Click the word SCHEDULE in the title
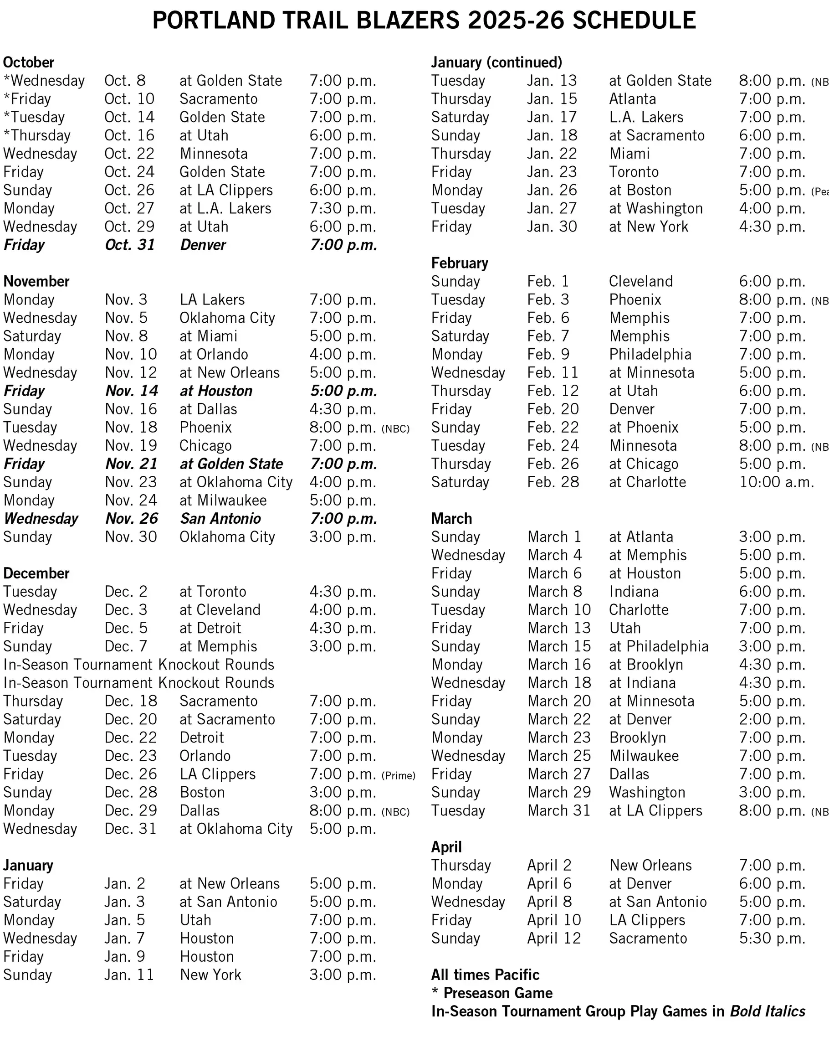[634, 21]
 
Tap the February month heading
[459, 263]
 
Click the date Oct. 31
[129, 245]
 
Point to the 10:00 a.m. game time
[776, 482]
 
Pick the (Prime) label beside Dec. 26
[398, 776]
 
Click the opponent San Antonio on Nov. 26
[220, 519]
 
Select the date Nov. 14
[131, 391]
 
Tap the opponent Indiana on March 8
[634, 592]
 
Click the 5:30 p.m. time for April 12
[772, 938]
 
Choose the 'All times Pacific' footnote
[485, 975]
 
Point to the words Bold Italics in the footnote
[767, 1011]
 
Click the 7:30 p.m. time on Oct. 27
[343, 208]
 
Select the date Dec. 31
[130, 829]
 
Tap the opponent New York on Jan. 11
[210, 975]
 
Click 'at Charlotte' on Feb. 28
[647, 482]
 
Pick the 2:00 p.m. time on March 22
[772, 719]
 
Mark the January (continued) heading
[496, 62]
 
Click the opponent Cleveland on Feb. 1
[641, 281]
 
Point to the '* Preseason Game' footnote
[491, 993]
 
